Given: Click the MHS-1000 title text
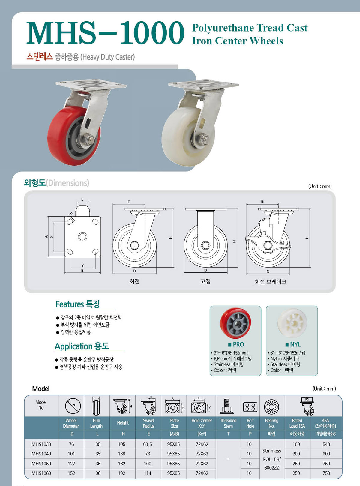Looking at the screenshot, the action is point(105,33).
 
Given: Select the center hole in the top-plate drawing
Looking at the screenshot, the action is point(82,237).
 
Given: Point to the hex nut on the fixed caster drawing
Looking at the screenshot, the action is point(205,245).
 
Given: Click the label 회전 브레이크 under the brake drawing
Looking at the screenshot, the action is point(270,282).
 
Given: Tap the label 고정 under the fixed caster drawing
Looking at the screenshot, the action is point(205,281).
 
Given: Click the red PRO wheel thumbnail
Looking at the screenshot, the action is point(235,323).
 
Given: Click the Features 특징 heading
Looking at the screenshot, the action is point(78,304).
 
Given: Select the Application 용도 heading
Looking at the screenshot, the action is point(82,346).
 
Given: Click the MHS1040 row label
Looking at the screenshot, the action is point(41,454).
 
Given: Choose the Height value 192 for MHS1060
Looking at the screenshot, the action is point(121,473).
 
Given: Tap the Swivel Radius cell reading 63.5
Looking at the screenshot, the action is point(148,444).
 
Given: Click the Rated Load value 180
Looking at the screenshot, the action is point(296,444).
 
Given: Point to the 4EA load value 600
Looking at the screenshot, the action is point(326,454).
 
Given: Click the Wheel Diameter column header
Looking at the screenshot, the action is point(71,423).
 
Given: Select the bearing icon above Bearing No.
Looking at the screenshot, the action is point(272,407).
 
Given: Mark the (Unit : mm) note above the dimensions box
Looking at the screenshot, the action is point(320,187).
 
